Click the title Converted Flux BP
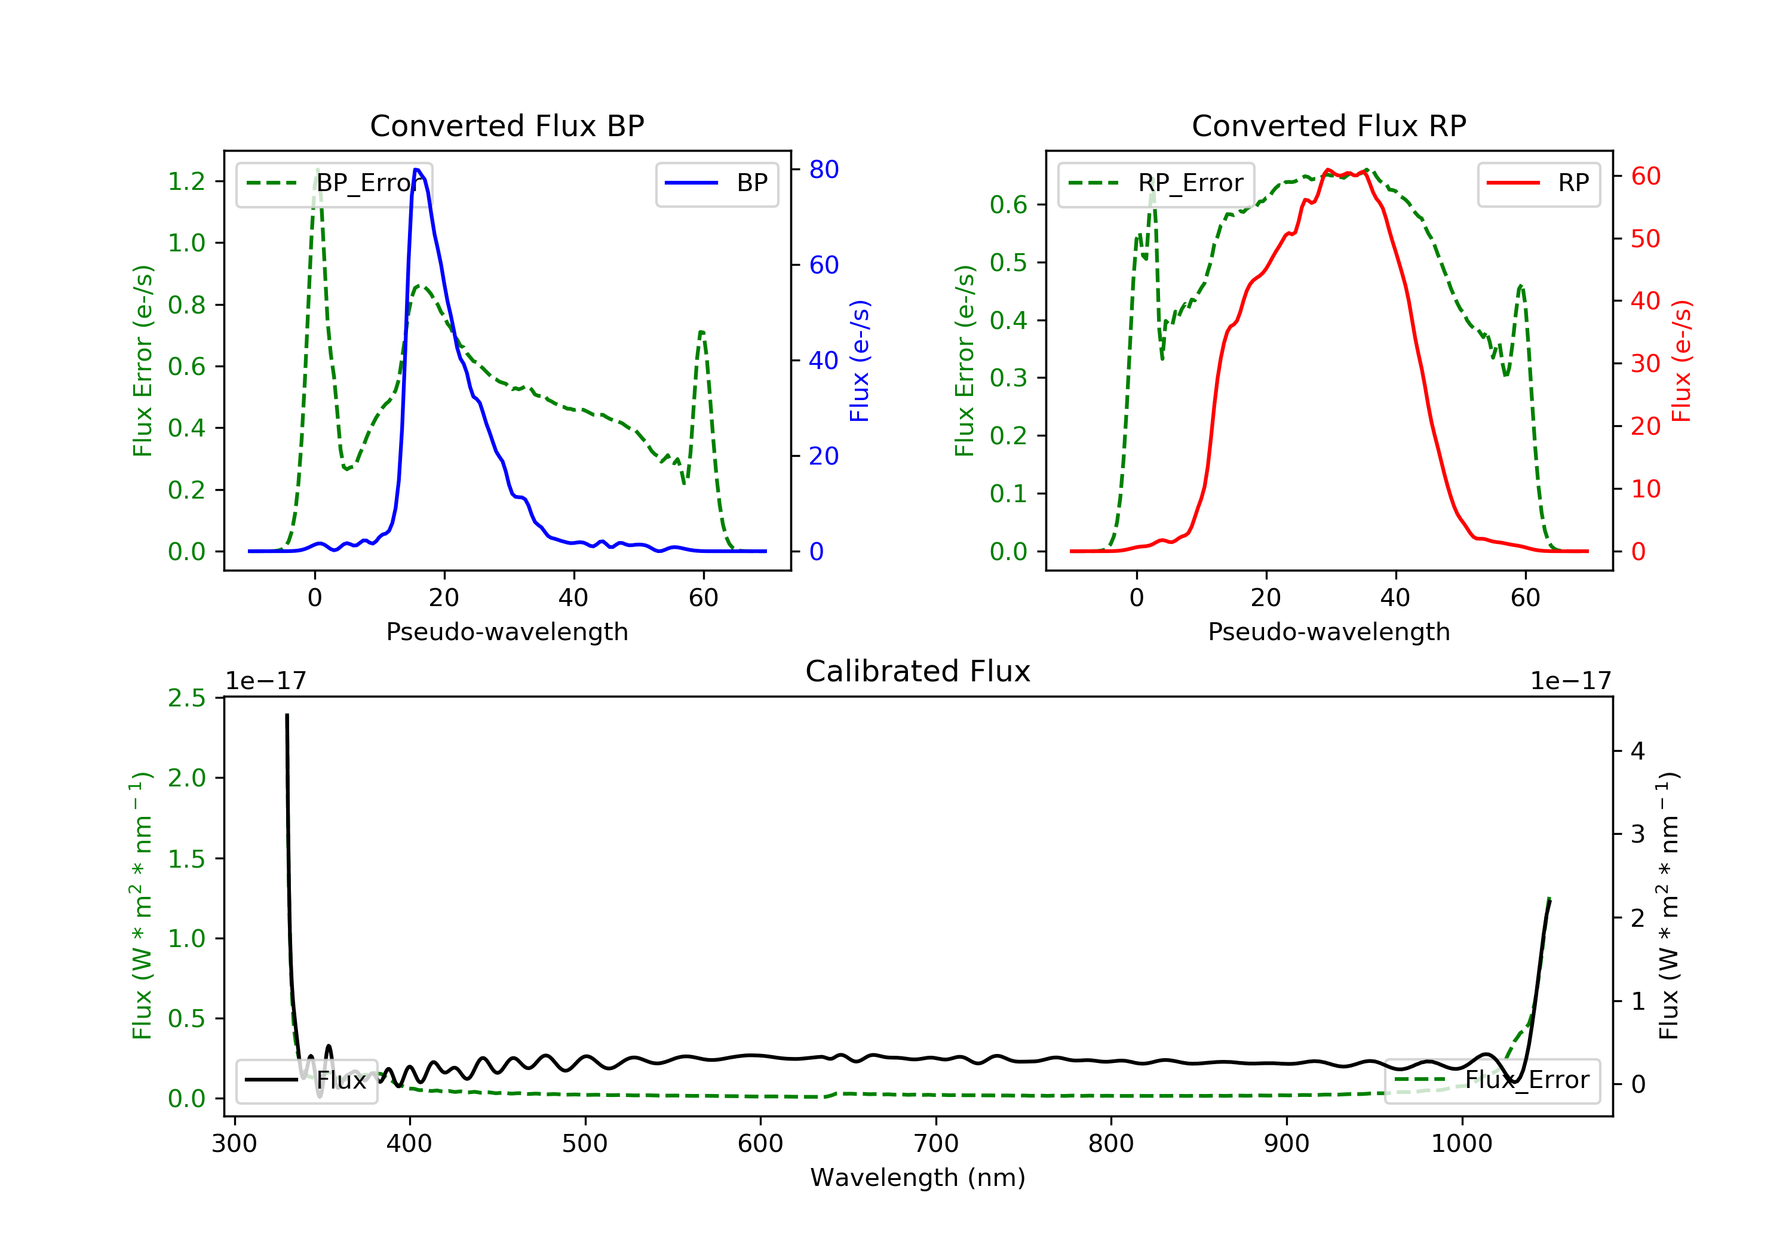[507, 125]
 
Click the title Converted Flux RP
[1328, 125]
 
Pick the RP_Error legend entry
[1156, 183]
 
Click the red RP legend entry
[1538, 183]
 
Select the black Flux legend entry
[307, 1080]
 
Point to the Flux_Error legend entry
[1492, 1080]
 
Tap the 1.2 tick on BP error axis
[186, 181]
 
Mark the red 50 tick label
[1645, 239]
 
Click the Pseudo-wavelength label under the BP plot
[507, 631]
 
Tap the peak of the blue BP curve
[417, 170]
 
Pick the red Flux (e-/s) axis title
[1681, 361]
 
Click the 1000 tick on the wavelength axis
[1461, 1144]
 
